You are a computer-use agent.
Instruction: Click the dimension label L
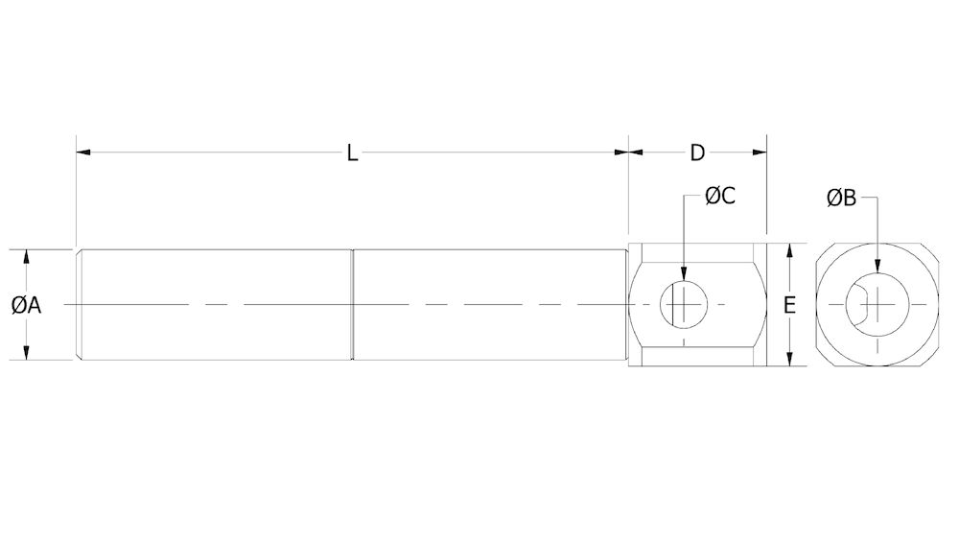[x=353, y=153]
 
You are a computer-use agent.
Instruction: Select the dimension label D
[x=697, y=153]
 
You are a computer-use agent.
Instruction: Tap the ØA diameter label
[x=27, y=305]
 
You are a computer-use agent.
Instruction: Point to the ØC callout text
[x=720, y=196]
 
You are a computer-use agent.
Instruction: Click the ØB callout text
[x=841, y=199]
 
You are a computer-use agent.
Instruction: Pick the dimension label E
[x=789, y=306]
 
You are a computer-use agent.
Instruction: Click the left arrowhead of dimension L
[x=82, y=152]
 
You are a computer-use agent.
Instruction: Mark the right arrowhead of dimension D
[x=760, y=152]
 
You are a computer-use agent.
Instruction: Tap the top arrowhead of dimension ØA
[x=27, y=256]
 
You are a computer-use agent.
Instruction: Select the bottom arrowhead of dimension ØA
[x=27, y=354]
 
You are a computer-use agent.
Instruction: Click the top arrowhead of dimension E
[x=789, y=249]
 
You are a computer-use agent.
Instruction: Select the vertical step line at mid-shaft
[x=353, y=305]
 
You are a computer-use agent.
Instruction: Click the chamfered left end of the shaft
[x=79, y=305]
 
